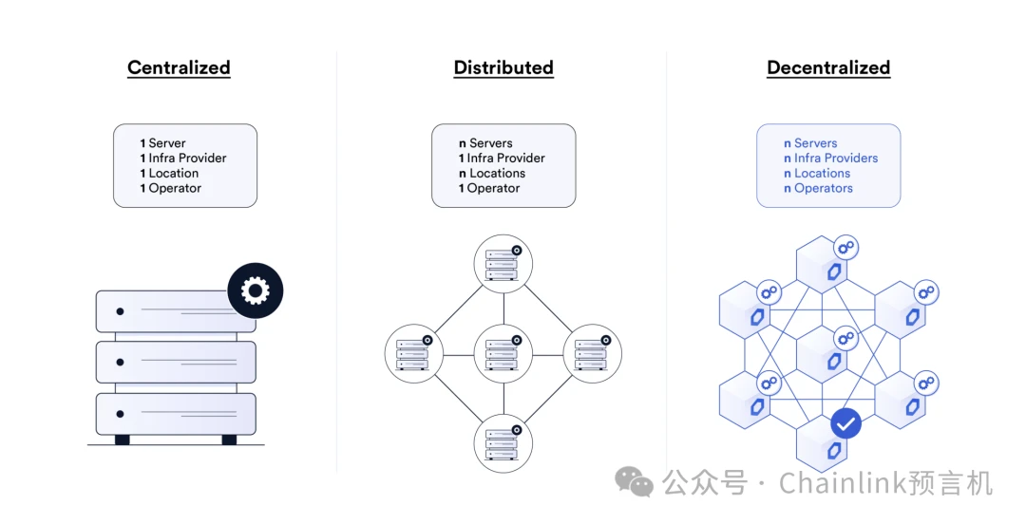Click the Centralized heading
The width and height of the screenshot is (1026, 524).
(179, 67)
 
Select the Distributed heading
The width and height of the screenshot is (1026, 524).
(503, 67)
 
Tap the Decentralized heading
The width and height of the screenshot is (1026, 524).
(828, 67)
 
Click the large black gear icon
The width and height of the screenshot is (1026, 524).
(256, 290)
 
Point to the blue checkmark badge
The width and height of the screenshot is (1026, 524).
(845, 423)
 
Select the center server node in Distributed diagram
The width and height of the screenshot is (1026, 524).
(503, 353)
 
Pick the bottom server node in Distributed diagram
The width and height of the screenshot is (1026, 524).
(503, 442)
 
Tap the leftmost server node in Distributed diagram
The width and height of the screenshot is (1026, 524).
(413, 353)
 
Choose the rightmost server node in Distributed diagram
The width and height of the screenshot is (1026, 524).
(592, 353)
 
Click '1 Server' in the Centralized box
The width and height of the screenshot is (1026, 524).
(163, 143)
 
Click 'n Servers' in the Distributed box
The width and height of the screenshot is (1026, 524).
(485, 143)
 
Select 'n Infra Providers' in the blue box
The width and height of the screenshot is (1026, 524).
(830, 159)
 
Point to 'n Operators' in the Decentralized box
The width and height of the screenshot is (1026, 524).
(818, 188)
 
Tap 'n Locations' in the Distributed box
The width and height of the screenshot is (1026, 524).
(492, 173)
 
